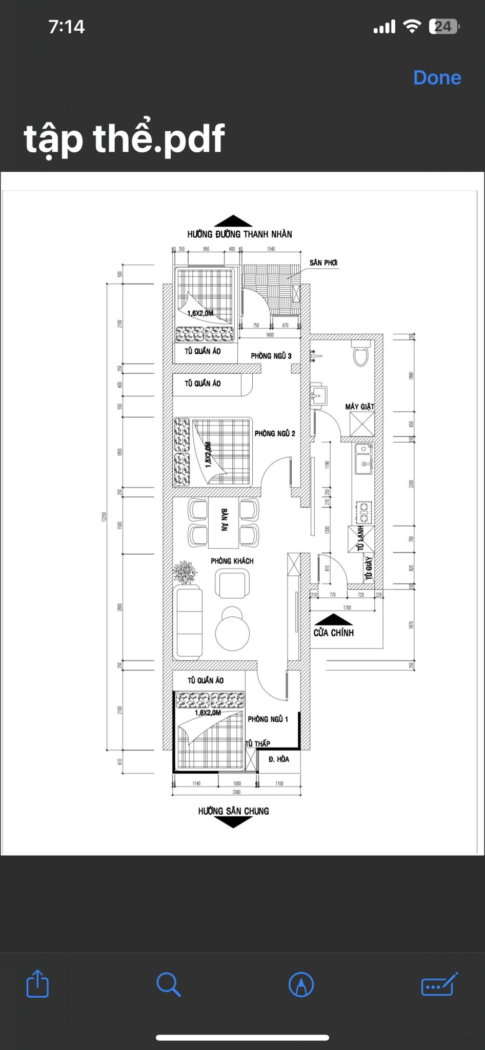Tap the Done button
(437, 77)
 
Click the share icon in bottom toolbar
(37, 983)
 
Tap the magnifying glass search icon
(168, 984)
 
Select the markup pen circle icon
(301, 984)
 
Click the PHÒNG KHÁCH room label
(232, 561)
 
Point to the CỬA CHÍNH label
(334, 633)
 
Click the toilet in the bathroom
(361, 355)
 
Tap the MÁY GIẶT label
(359, 407)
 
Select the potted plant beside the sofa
(185, 572)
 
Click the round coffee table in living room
(232, 632)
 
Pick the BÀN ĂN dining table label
(224, 520)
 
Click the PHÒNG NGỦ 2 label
(275, 433)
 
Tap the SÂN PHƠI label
(324, 262)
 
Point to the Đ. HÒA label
(279, 759)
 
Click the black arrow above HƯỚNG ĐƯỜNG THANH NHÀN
(233, 221)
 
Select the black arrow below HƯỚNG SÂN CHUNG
(233, 821)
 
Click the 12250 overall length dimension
(105, 517)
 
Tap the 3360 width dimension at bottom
(236, 792)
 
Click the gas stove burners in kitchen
(363, 510)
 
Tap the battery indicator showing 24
(443, 26)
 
